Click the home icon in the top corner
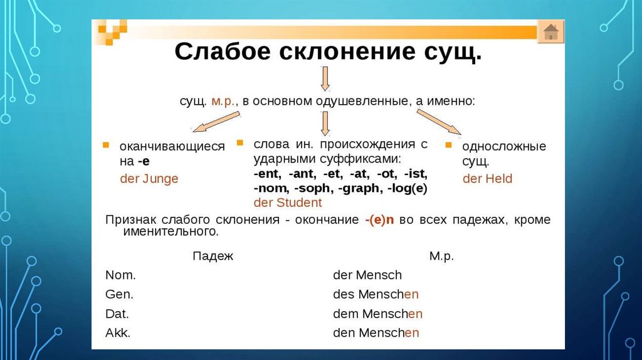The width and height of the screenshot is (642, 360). [550, 31]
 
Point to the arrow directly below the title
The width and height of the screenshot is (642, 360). [324, 79]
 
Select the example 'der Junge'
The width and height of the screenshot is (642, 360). [149, 179]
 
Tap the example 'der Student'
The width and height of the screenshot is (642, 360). [288, 203]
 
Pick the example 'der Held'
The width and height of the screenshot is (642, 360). [487, 179]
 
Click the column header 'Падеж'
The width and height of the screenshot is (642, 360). [213, 256]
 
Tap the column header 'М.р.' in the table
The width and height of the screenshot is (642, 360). [441, 256]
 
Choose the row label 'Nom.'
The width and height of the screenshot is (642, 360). [120, 275]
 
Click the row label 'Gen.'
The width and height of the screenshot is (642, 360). [119, 294]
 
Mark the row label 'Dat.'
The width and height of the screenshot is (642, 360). [117, 314]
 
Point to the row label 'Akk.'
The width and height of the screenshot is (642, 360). [118, 333]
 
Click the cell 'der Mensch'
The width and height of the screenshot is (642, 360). [367, 275]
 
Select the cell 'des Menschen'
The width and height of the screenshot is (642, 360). [376, 294]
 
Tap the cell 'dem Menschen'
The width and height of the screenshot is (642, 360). [377, 314]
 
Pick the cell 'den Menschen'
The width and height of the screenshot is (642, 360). [376, 333]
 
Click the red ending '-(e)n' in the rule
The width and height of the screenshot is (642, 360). [379, 220]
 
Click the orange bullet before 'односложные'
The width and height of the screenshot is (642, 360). [448, 146]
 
